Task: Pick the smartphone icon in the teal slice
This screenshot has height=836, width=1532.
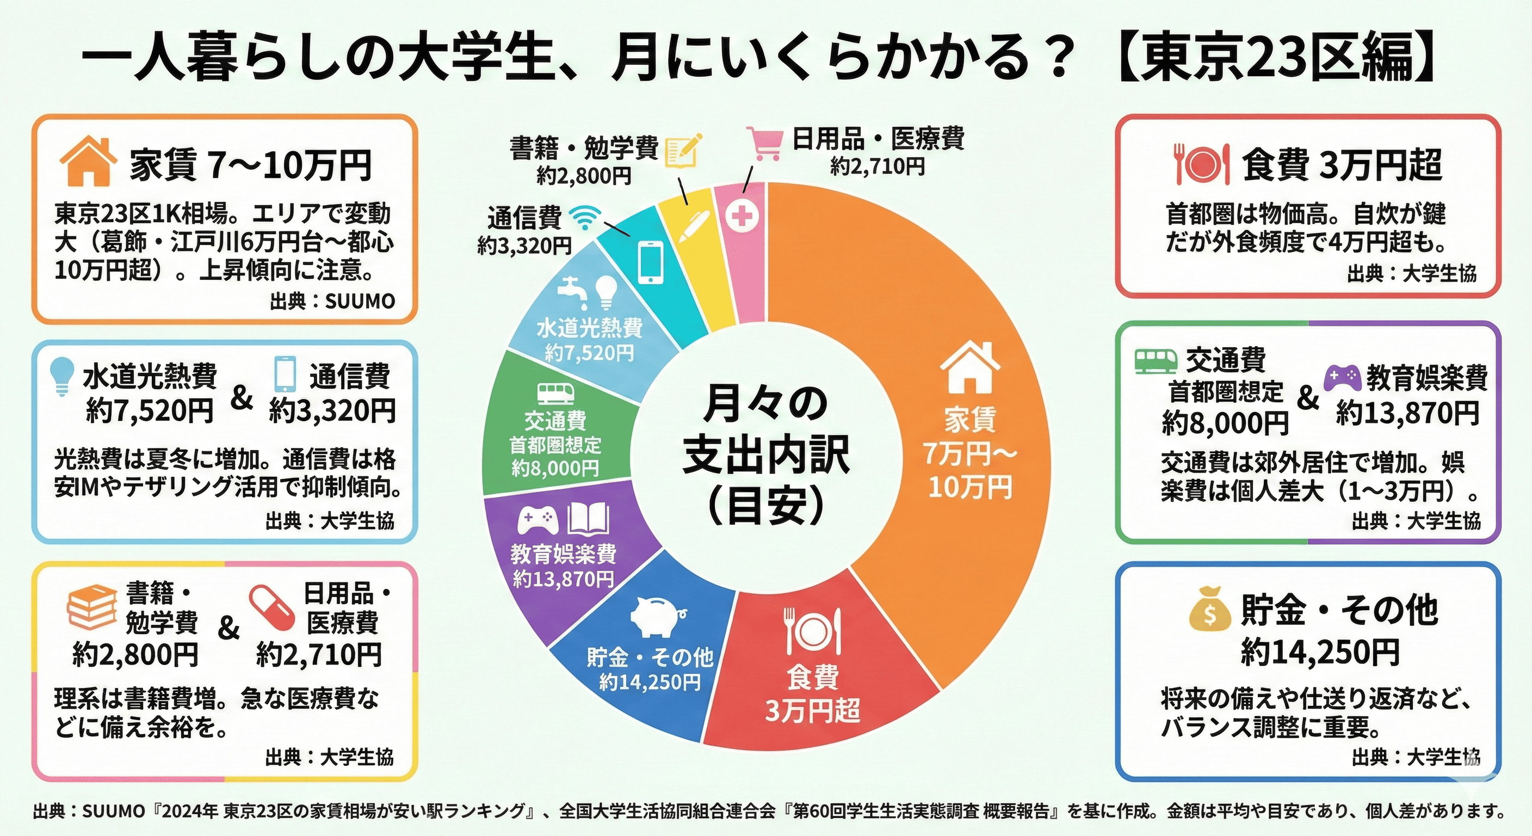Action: click(x=650, y=261)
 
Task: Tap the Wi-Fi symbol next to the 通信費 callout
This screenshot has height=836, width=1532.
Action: click(x=584, y=218)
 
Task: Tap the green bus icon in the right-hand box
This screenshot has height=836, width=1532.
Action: click(x=1156, y=361)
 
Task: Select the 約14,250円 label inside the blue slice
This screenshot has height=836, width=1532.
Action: click(x=650, y=682)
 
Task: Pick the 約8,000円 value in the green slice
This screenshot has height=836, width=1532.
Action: click(x=555, y=469)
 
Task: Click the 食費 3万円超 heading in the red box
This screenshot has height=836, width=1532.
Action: click(x=1342, y=165)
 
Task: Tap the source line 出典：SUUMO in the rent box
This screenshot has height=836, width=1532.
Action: click(x=332, y=301)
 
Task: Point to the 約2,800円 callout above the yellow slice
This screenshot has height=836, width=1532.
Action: click(x=583, y=176)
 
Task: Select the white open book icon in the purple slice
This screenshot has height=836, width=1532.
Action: click(x=588, y=519)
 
